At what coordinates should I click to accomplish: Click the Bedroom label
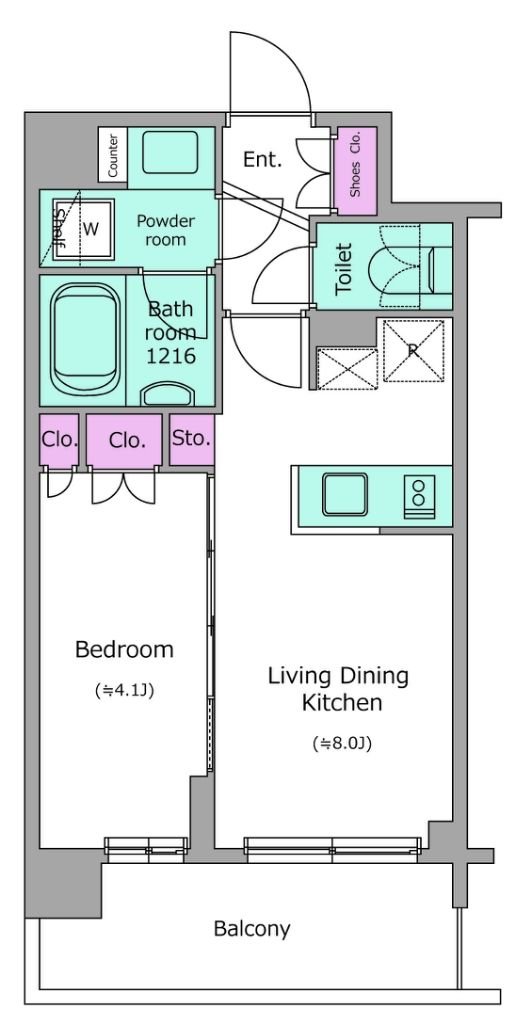click(124, 650)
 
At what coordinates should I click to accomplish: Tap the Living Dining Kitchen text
click(338, 689)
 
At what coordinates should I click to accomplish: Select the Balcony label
click(252, 929)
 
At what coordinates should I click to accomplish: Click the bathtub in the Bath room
click(86, 339)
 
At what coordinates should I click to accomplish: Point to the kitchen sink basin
click(344, 494)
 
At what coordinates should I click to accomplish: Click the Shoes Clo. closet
click(356, 170)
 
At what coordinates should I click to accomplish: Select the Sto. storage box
click(192, 439)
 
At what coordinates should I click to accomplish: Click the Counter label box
click(113, 155)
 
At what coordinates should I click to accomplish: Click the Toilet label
click(344, 268)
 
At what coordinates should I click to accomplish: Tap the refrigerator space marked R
click(413, 350)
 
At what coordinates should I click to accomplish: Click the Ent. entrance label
click(263, 159)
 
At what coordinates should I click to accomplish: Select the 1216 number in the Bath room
click(171, 356)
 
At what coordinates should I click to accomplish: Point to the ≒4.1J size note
click(124, 690)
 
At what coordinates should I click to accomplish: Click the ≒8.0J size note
click(342, 743)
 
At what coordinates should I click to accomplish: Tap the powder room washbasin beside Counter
click(170, 152)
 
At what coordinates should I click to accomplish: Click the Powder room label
click(166, 230)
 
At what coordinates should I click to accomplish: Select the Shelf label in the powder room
click(60, 230)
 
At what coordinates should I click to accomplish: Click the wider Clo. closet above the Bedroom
click(125, 440)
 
